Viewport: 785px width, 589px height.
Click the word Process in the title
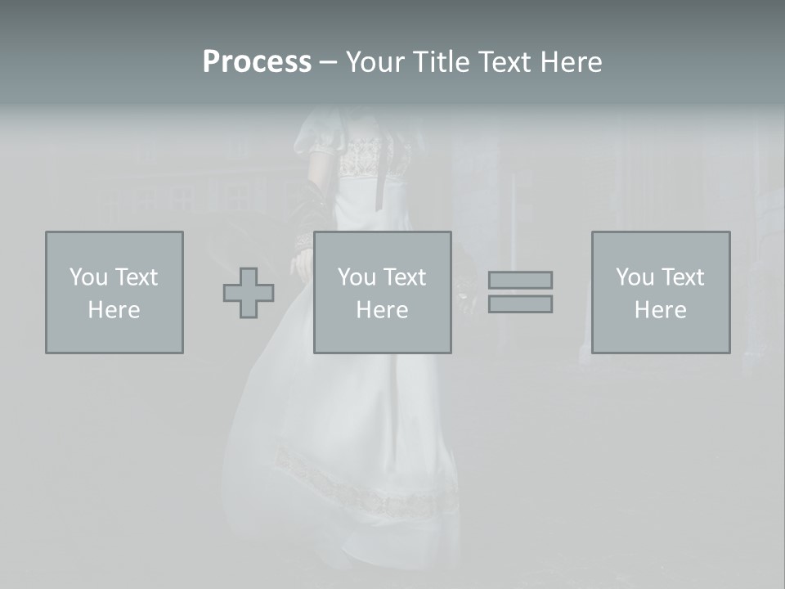pos(257,62)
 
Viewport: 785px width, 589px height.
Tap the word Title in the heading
pos(442,62)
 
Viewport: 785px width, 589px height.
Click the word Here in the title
pos(572,62)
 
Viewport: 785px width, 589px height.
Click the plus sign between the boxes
pos(249,293)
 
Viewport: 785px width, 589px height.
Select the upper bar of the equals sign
pos(520,280)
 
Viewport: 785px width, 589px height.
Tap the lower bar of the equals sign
pos(520,304)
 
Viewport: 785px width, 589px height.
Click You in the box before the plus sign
pos(88,277)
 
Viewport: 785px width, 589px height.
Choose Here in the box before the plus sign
pos(114,310)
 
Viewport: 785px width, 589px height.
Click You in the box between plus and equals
pos(357,277)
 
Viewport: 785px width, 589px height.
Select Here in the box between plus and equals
pos(382,310)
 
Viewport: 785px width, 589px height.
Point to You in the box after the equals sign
pos(635,277)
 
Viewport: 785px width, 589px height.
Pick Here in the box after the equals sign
pos(660,310)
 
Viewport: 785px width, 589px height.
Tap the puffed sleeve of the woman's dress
pos(315,135)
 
